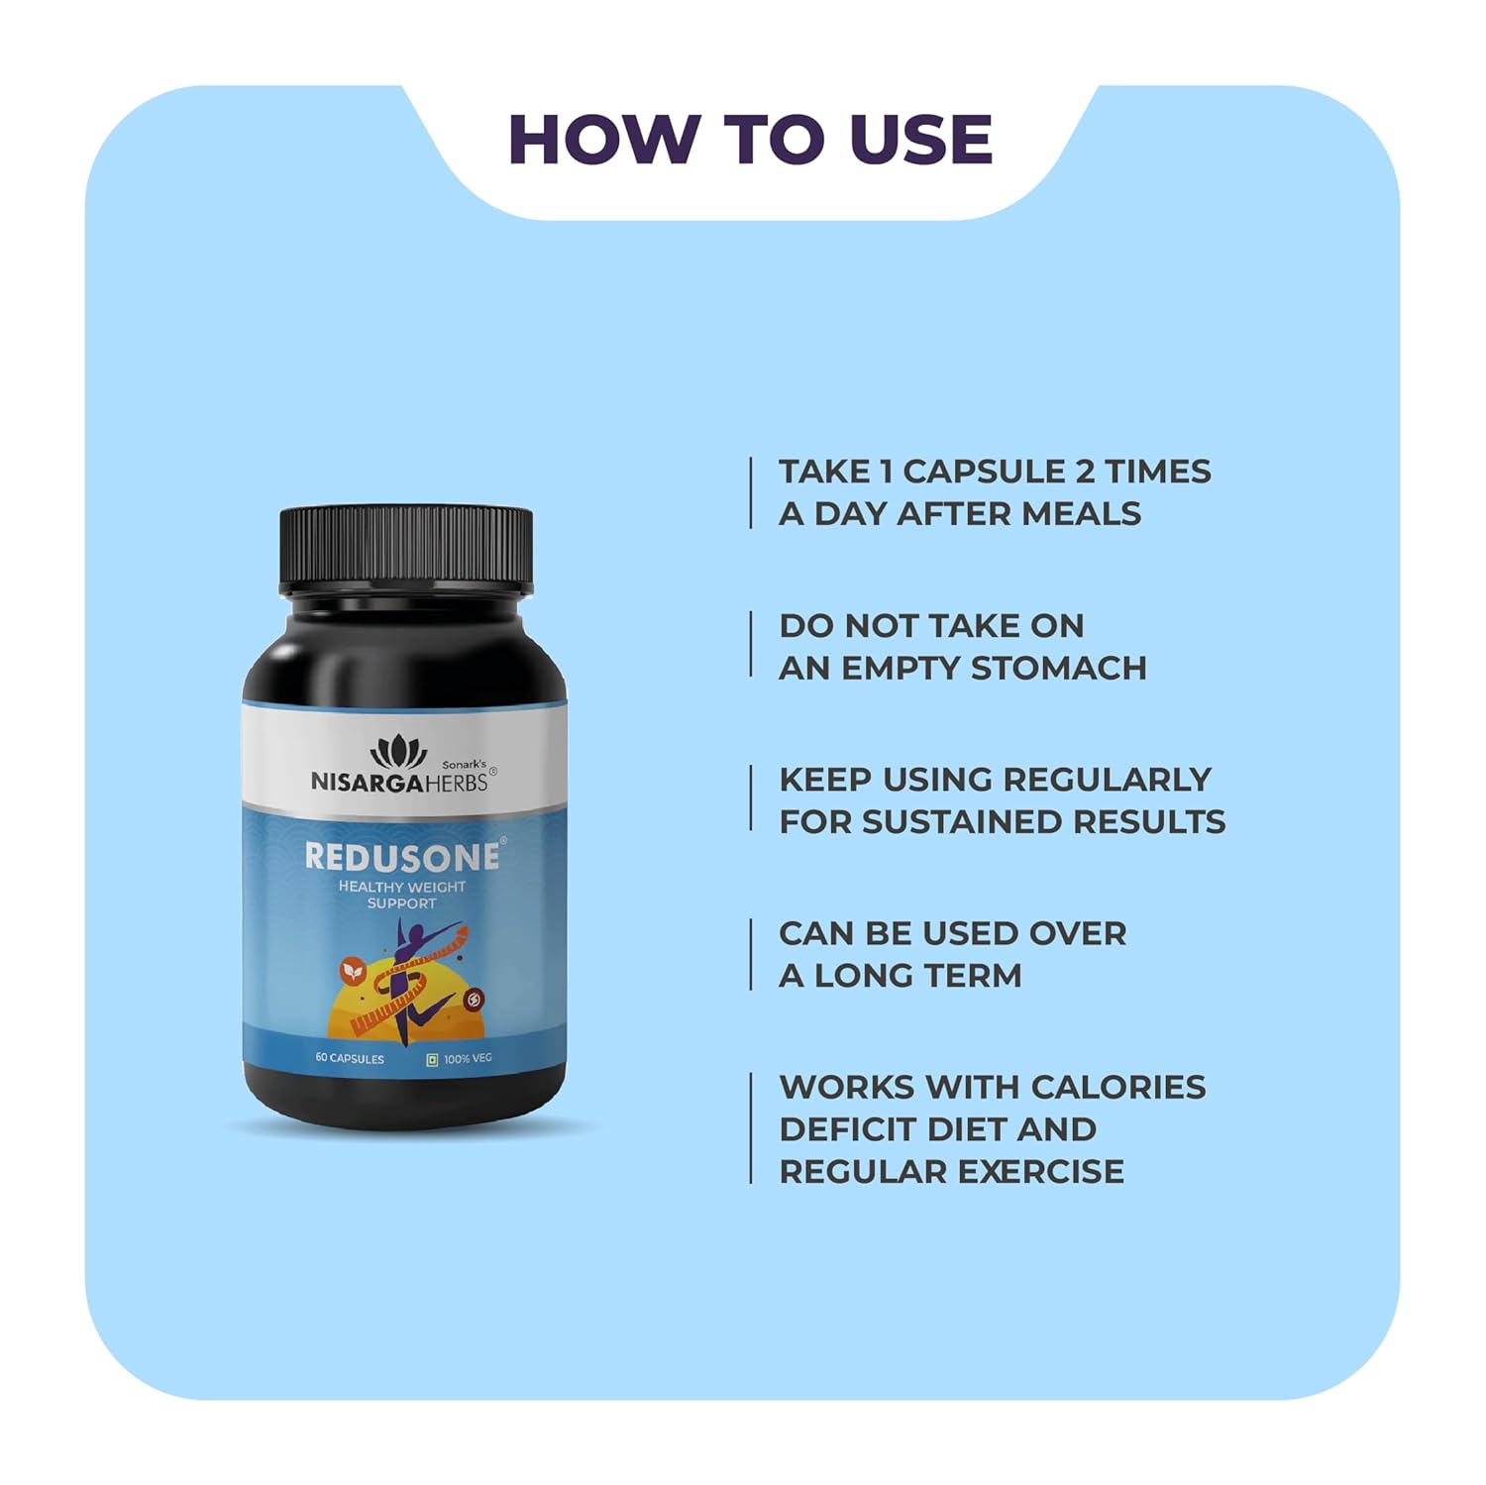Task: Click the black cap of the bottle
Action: coord(406,550)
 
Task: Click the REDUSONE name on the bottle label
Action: coord(402,857)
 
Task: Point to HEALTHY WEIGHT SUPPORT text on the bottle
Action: coord(401,895)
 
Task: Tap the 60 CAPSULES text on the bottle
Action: coord(350,1059)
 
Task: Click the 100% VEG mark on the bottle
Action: coord(460,1059)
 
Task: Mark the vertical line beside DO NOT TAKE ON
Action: coord(751,645)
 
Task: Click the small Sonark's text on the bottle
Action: coord(464,764)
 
